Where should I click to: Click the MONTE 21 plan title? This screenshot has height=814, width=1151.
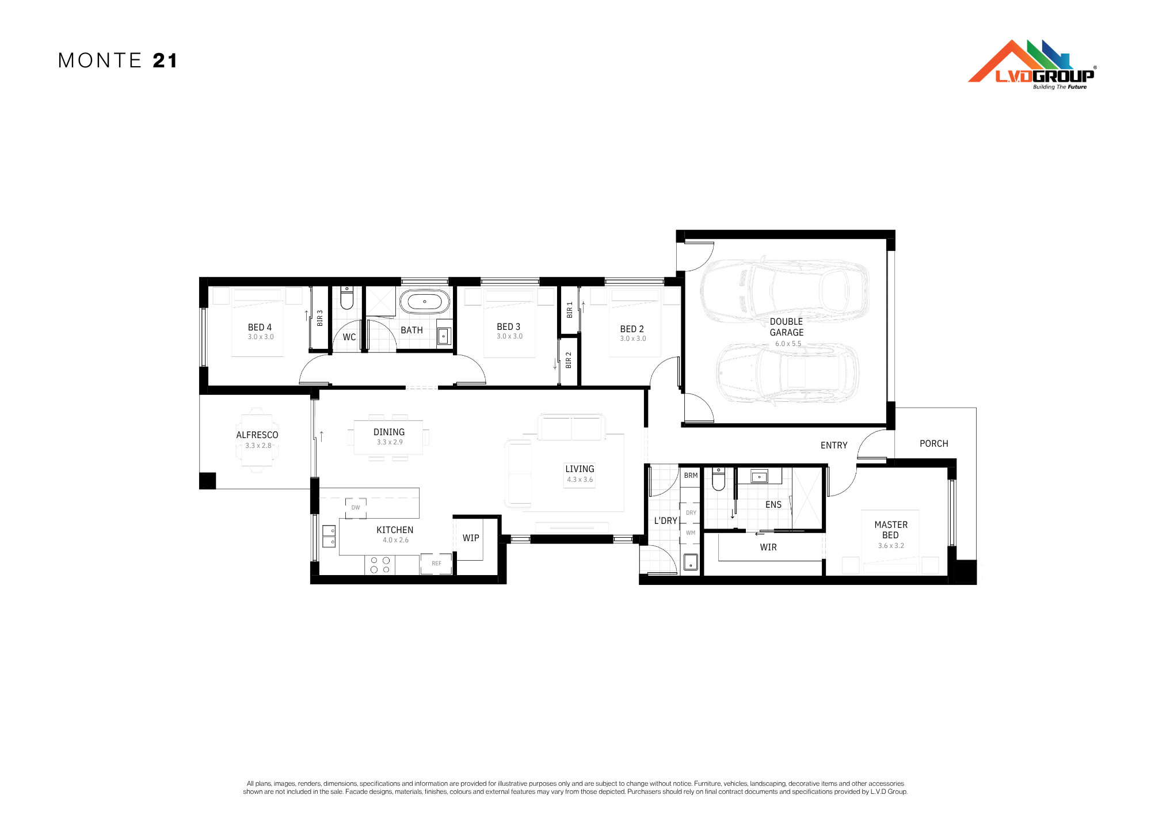pyautogui.click(x=118, y=60)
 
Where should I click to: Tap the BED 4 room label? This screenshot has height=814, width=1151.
pyautogui.click(x=260, y=327)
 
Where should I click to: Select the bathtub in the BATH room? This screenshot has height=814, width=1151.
pyautogui.click(x=425, y=301)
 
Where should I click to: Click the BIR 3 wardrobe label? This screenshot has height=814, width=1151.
pyautogui.click(x=320, y=318)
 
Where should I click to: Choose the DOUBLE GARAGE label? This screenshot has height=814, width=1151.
pyautogui.click(x=787, y=327)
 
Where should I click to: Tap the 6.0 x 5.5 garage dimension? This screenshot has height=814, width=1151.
pyautogui.click(x=788, y=344)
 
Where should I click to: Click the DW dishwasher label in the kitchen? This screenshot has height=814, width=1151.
pyautogui.click(x=356, y=507)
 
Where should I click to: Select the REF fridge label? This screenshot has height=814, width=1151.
pyautogui.click(x=437, y=563)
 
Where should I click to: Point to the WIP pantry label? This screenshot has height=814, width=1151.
pyautogui.click(x=471, y=538)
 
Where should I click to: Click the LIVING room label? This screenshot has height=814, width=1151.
pyautogui.click(x=580, y=469)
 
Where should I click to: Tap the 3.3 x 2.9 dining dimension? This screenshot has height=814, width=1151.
pyautogui.click(x=390, y=442)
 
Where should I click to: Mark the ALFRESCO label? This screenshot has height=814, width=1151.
pyautogui.click(x=257, y=435)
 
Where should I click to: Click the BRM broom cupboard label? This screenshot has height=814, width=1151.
pyautogui.click(x=691, y=476)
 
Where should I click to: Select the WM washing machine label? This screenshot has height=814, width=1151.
pyautogui.click(x=691, y=532)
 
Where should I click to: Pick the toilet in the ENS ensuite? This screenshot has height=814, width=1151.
pyautogui.click(x=718, y=479)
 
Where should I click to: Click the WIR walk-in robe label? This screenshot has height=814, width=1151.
pyautogui.click(x=768, y=547)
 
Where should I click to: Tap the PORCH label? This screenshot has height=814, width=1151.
pyautogui.click(x=933, y=443)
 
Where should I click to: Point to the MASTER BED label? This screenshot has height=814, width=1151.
pyautogui.click(x=891, y=530)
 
